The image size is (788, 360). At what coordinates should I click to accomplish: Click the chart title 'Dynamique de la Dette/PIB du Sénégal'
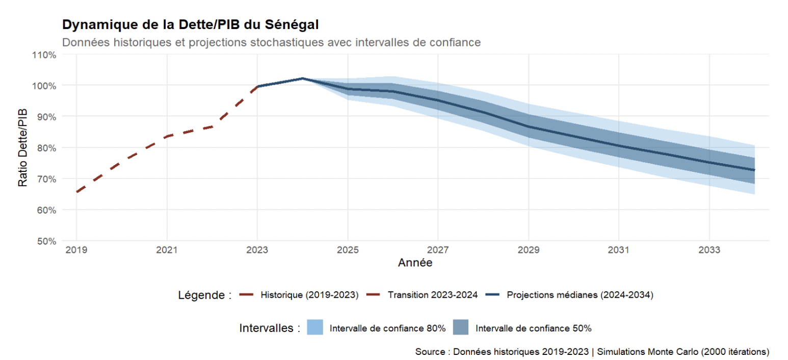191,24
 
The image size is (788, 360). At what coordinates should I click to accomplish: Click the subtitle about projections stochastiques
271,42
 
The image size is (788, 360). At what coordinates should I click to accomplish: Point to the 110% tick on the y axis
44,55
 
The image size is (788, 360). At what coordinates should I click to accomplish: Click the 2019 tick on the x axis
76,250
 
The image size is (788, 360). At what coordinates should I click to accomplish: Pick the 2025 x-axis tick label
348,250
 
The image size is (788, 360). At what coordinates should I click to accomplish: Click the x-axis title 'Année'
415,263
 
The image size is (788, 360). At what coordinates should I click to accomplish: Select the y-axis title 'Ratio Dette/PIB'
23,147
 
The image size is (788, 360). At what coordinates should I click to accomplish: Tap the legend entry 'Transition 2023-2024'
432,295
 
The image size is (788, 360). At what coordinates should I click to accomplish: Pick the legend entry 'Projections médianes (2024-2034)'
580,295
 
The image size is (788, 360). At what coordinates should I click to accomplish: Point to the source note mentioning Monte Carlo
592,352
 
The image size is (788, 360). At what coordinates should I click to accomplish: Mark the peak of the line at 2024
303,79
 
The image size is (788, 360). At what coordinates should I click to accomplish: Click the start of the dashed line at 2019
76,192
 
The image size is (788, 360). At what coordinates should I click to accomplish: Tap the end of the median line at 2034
754,170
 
